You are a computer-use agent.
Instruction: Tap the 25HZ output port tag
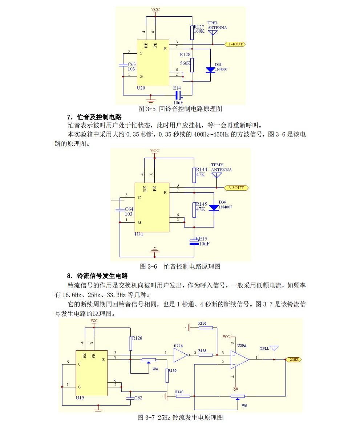(293, 359)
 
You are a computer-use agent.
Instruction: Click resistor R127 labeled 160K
(192, 32)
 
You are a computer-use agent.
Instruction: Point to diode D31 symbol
(211, 70)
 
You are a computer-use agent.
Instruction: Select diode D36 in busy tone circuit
(214, 208)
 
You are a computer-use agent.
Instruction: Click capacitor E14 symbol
(178, 95)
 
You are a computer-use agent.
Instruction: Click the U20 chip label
(141, 88)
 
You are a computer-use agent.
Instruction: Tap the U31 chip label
(139, 234)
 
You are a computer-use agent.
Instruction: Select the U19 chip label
(80, 398)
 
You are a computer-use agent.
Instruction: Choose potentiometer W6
(238, 396)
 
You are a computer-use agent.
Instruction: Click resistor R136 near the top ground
(206, 328)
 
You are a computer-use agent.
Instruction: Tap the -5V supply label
(236, 389)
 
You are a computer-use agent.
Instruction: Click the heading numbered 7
(94, 117)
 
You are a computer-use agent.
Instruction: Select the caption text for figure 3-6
(180, 267)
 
